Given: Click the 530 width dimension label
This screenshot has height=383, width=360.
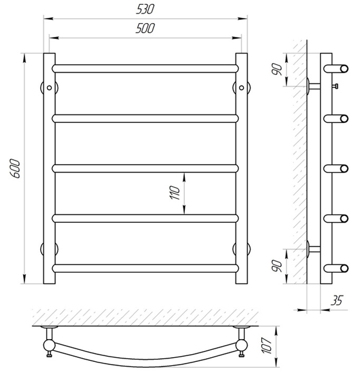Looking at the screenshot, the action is (145, 9).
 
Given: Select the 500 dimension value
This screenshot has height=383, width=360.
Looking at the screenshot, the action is (145, 28).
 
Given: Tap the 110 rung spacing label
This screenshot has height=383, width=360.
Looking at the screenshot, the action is (175, 193).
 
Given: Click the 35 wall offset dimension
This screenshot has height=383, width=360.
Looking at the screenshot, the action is (337, 300).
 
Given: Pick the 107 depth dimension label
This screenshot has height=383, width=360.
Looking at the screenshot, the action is (267, 346).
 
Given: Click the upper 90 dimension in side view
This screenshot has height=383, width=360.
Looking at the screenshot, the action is (277, 69).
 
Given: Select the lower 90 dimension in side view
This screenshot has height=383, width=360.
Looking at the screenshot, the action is (277, 266).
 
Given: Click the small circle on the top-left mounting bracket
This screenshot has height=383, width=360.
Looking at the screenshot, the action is (50, 88).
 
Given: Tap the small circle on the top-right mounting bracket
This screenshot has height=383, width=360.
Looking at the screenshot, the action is (241, 88).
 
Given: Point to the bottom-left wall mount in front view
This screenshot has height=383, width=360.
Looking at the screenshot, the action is (50, 249).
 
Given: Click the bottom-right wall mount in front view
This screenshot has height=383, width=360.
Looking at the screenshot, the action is (241, 249).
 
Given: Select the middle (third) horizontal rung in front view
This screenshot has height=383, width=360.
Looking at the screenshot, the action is (145, 168).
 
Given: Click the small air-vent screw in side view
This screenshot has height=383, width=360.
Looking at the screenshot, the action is (335, 86).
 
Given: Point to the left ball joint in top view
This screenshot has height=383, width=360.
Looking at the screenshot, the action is (49, 345).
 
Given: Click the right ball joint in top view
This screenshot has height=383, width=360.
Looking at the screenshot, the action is (241, 345).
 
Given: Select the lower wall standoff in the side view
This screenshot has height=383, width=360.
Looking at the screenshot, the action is (314, 249).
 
